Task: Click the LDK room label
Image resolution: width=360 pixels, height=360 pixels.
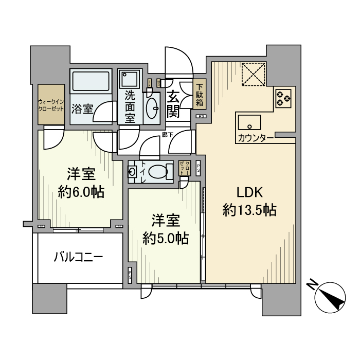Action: (x=250, y=193)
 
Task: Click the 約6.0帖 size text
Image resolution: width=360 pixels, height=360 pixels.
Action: (x=81, y=192)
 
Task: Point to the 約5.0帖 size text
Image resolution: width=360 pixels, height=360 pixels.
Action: (x=165, y=238)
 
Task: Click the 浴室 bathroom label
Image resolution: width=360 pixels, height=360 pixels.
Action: (x=82, y=109)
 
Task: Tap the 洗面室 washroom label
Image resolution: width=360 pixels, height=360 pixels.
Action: (x=131, y=106)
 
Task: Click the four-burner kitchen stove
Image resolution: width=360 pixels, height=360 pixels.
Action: (x=283, y=98)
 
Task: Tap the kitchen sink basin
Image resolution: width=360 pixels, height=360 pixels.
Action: (x=249, y=123)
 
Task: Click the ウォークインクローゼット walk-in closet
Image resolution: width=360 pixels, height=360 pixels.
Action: (x=50, y=104)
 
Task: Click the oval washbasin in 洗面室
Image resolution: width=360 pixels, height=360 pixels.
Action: (x=152, y=109)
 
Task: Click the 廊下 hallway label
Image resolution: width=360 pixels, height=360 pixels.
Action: (x=166, y=135)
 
